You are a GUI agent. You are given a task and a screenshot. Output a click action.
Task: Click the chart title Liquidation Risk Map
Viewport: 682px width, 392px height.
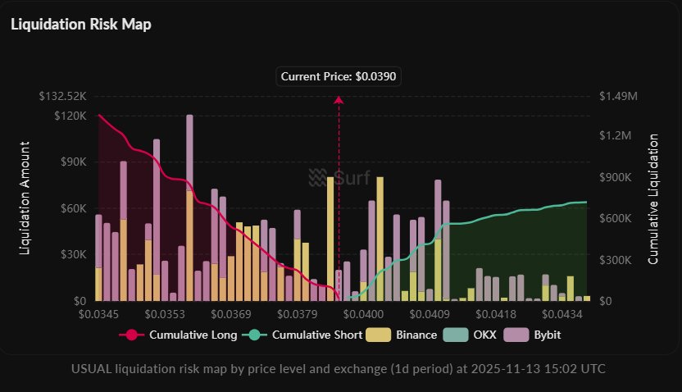tap(80, 24)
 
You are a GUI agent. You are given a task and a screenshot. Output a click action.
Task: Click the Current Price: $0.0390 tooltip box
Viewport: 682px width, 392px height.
tap(339, 76)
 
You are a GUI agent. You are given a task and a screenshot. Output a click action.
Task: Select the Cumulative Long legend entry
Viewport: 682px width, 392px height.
tap(180, 335)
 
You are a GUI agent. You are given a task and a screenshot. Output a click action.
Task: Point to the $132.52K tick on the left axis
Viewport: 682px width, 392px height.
tap(63, 97)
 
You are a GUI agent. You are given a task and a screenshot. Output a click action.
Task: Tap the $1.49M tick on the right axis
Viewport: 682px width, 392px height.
tap(618, 97)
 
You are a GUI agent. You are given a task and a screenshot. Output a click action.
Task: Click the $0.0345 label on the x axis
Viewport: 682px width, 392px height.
tap(98, 313)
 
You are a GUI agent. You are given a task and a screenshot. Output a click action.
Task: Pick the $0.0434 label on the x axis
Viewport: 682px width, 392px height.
tap(562, 313)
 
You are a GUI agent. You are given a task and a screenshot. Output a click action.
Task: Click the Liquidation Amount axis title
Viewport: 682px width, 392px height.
tap(25, 197)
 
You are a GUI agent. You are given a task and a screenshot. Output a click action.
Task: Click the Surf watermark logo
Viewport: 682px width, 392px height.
tap(339, 176)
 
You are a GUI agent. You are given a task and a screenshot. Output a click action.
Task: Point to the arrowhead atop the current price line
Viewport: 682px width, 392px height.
tap(339, 99)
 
